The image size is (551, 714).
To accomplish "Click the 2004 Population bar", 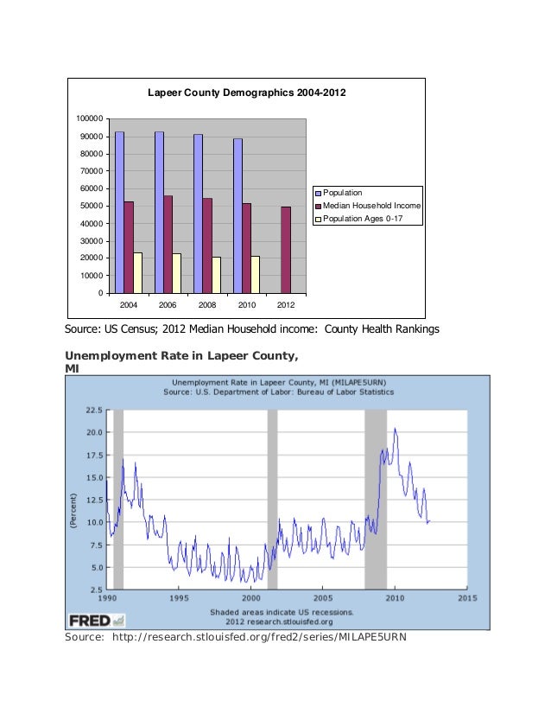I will [x=119, y=212].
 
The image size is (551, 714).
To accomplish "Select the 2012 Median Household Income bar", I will [x=286, y=250].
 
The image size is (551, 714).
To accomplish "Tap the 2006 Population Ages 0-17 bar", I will [x=176, y=273].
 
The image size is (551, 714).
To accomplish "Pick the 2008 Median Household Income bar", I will [x=207, y=246].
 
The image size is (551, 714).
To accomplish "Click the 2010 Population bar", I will [x=237, y=215].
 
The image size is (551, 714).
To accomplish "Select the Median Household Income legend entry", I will [x=371, y=206].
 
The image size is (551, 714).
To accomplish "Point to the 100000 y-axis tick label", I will [x=90, y=118].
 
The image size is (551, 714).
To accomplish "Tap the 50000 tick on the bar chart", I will [x=92, y=206].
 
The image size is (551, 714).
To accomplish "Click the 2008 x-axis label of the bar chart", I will [x=207, y=305].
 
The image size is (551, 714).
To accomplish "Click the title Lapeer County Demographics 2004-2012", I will [x=246, y=92].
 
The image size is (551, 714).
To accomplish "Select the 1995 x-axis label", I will [x=179, y=597].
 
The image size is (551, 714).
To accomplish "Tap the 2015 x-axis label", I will [x=467, y=597].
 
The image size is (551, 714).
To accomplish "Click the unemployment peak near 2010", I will [x=395, y=429].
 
